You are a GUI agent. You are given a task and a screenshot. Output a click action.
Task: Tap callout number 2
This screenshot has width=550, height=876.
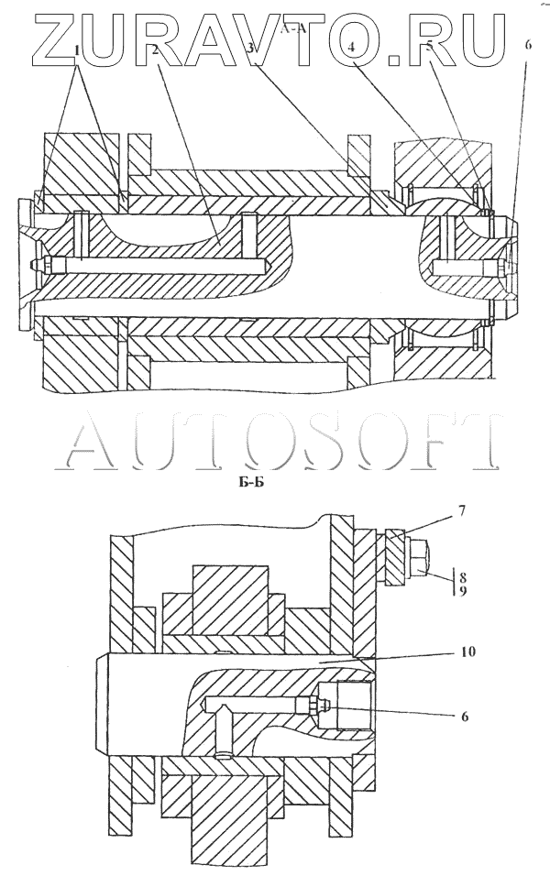pyautogui.click(x=158, y=49)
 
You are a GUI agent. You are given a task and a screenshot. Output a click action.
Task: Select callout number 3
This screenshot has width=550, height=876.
pyautogui.click(x=248, y=49)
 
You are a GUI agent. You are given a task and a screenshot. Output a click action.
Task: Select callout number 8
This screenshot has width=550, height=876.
pyautogui.click(x=464, y=578)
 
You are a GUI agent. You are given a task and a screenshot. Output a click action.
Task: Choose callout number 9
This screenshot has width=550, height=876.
pyautogui.click(x=464, y=592)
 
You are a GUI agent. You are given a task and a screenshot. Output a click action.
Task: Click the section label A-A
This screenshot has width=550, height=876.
pyautogui.click(x=292, y=29)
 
